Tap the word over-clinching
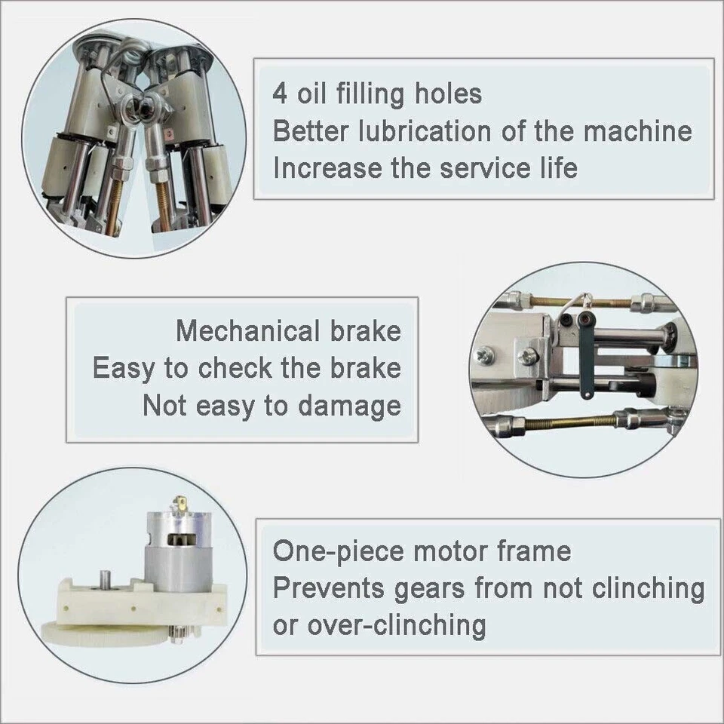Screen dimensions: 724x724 pyautogui.click(x=393, y=624)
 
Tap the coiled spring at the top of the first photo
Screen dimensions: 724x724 pyautogui.click(x=133, y=53)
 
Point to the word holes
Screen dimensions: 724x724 pyautogui.click(x=447, y=94)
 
